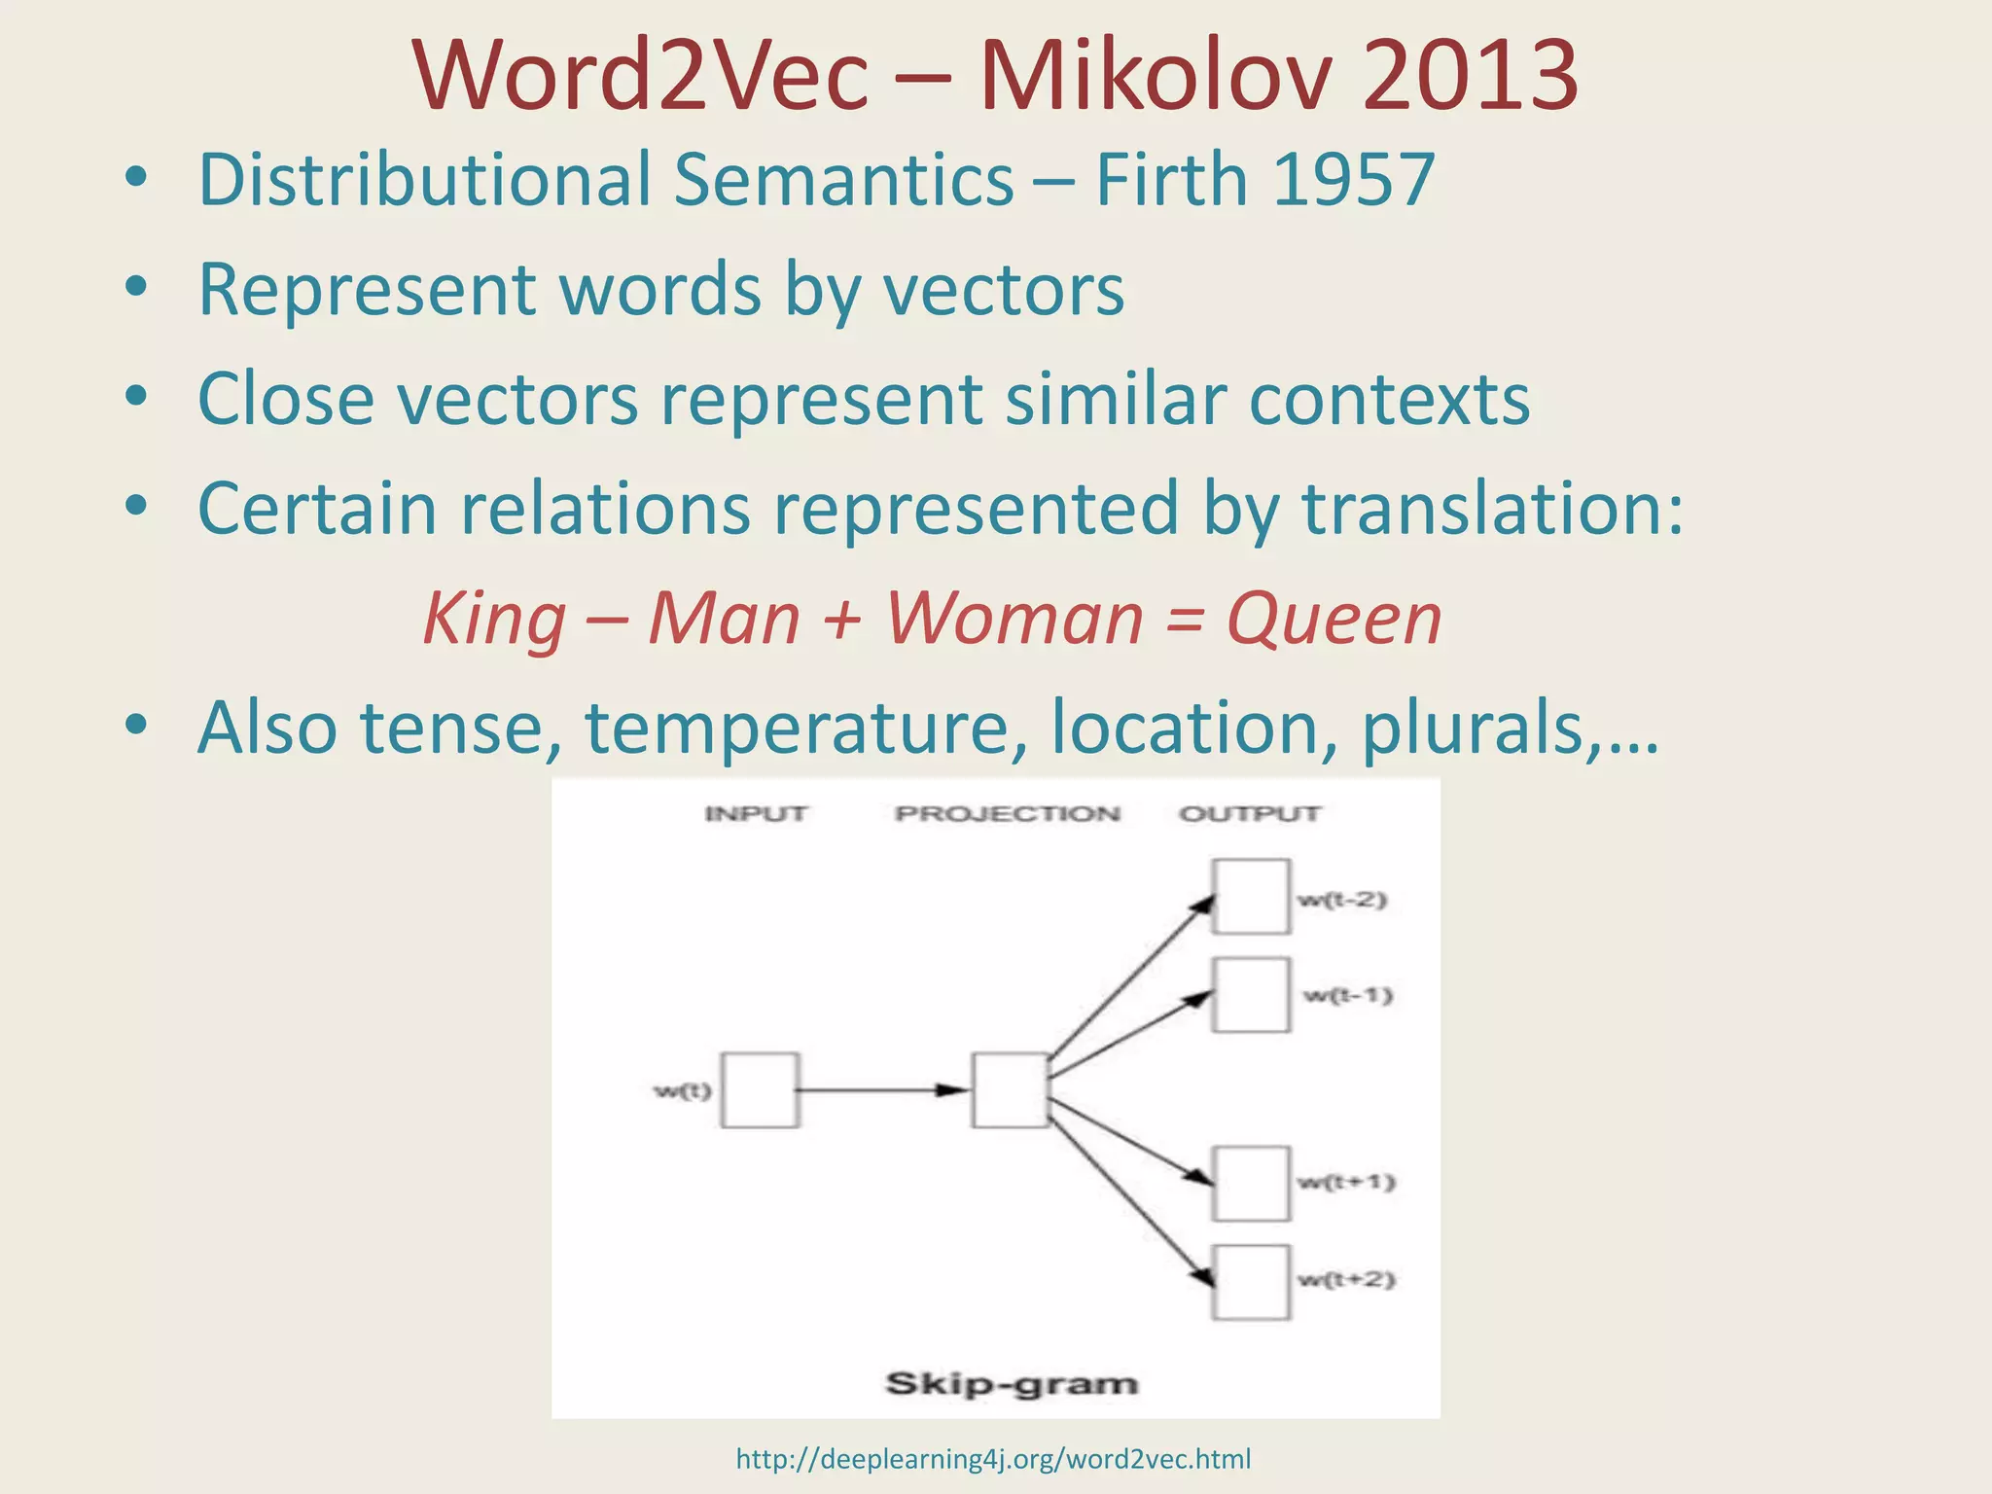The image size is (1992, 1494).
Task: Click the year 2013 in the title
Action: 1469,76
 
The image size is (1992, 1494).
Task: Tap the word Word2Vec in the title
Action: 640,76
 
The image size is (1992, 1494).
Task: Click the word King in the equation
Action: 495,620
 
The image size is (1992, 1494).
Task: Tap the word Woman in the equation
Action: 1014,620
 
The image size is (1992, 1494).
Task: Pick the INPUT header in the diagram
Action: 756,813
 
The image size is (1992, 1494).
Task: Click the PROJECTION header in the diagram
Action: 1008,813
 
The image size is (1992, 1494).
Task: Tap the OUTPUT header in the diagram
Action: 1250,813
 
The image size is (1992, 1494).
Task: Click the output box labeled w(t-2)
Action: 1251,896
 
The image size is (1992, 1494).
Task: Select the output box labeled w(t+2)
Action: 1251,1282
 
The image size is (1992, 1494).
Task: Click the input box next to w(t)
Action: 761,1089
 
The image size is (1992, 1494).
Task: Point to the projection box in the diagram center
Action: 1011,1089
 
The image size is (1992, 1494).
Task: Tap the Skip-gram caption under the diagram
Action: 1011,1383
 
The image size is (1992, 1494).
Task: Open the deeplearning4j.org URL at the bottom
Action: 993,1459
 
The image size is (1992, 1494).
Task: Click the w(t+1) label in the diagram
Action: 1346,1183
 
